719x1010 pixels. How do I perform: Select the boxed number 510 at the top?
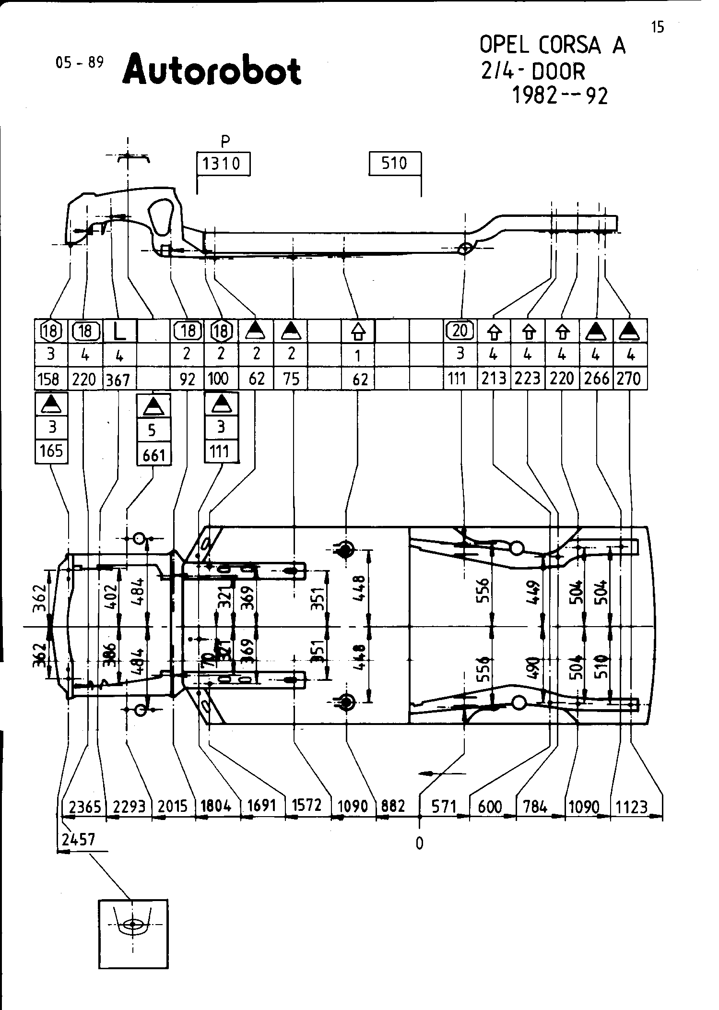(x=394, y=164)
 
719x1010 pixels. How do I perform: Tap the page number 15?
(x=658, y=28)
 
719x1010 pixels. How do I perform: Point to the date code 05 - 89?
(x=80, y=63)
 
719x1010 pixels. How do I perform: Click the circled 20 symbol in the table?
(x=460, y=331)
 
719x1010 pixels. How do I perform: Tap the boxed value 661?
(x=153, y=454)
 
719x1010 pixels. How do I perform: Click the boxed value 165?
(x=51, y=451)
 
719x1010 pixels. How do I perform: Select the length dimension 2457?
(x=79, y=839)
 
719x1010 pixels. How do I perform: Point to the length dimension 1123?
(x=632, y=807)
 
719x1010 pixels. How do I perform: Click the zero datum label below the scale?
(x=420, y=843)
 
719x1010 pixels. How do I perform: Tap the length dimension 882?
(x=393, y=806)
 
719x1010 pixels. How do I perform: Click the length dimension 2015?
(x=173, y=806)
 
